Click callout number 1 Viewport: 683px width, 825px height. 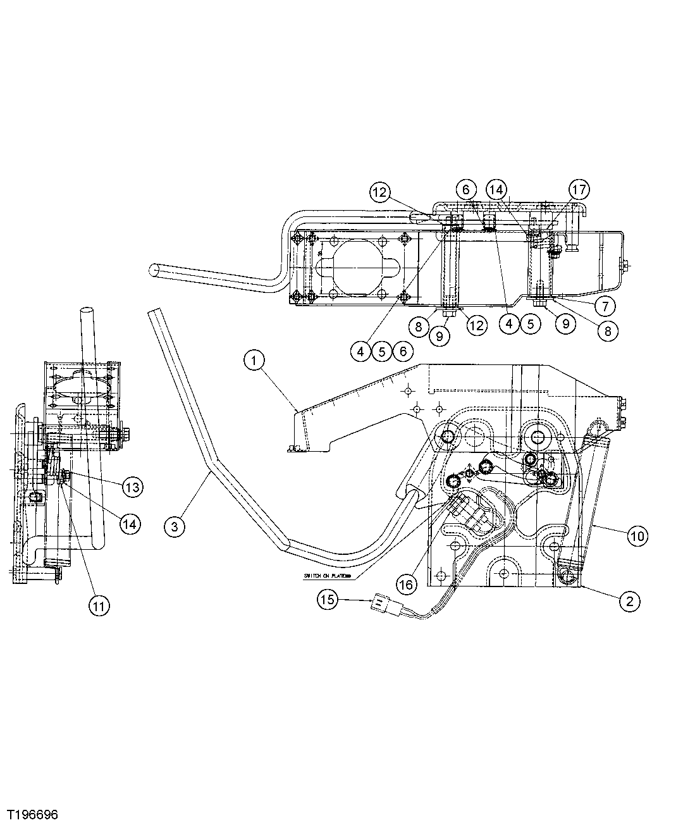tap(254, 361)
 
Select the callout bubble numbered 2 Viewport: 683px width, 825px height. tap(629, 600)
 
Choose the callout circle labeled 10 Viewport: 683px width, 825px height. tap(637, 536)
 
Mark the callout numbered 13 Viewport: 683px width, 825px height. tap(132, 487)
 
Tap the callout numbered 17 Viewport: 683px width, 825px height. tap(579, 189)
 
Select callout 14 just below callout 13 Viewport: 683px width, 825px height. tap(131, 523)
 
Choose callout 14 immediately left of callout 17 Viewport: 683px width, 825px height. tap(496, 189)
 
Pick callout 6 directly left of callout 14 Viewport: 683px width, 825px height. tap(465, 189)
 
